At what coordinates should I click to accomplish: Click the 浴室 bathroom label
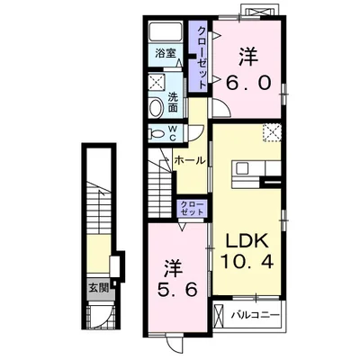(165, 54)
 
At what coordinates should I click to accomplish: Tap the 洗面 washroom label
(173, 102)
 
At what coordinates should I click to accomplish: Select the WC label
(173, 133)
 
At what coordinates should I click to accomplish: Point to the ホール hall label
(190, 160)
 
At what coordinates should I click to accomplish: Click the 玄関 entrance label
(98, 289)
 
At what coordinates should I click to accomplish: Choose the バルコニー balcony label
(256, 315)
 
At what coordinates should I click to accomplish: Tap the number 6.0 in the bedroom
(248, 83)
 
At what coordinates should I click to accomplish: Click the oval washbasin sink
(156, 108)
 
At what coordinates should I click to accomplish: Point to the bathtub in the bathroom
(166, 32)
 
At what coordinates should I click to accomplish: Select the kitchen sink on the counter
(242, 168)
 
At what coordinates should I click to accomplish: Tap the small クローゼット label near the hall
(192, 208)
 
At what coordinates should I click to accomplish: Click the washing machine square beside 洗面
(157, 81)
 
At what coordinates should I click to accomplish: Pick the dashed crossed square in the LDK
(272, 132)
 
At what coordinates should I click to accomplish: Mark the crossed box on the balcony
(219, 315)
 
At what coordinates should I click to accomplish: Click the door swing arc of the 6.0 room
(225, 105)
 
